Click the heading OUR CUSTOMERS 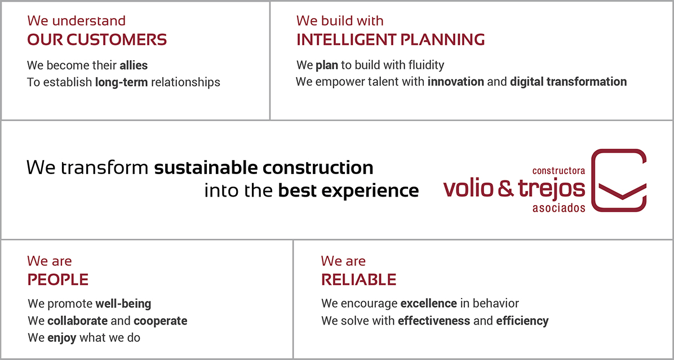click(97, 40)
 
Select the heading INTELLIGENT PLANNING click(391, 40)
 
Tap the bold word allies click(134, 66)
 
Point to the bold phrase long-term click(122, 82)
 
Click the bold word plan click(327, 66)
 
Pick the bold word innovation click(456, 82)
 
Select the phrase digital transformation click(568, 82)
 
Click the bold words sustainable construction click(264, 167)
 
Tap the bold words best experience click(348, 190)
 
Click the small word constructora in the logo click(558, 171)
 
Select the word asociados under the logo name click(559, 208)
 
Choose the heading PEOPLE click(58, 279)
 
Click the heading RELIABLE click(359, 279)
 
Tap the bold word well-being click(123, 304)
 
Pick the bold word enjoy click(62, 337)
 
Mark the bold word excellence click(428, 304)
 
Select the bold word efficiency click(522, 321)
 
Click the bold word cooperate click(161, 321)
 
